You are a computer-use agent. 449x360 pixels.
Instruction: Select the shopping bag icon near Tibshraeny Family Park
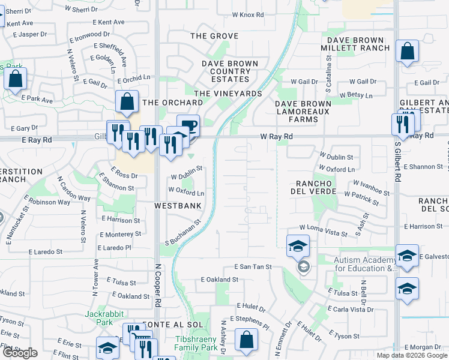click(x=246, y=340)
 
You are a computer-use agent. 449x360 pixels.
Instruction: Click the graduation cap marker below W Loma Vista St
click(x=298, y=246)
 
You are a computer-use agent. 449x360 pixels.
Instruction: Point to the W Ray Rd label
click(x=276, y=137)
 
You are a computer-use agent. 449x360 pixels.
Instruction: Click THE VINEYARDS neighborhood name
click(x=228, y=94)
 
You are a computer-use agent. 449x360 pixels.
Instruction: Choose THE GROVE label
click(x=214, y=36)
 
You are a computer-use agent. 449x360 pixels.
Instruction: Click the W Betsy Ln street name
click(x=355, y=95)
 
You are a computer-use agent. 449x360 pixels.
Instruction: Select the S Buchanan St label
click(x=182, y=235)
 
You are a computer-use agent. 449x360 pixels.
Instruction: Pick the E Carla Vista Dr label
click(x=351, y=310)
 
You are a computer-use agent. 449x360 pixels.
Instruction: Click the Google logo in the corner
click(x=20, y=353)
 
